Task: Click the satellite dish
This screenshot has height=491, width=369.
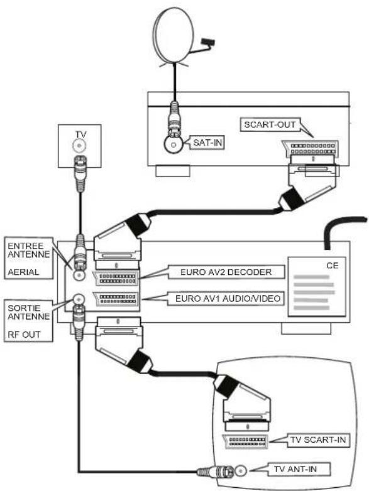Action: pyautogui.click(x=173, y=35)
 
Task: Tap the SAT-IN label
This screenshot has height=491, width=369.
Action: pyautogui.click(x=207, y=143)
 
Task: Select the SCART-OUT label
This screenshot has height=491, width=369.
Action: pyautogui.click(x=270, y=124)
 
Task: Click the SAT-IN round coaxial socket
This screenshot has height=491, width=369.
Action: pyautogui.click(x=173, y=144)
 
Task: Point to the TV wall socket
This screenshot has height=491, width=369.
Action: pyautogui.click(x=79, y=146)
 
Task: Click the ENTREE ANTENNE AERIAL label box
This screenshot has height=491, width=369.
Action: pyautogui.click(x=28, y=258)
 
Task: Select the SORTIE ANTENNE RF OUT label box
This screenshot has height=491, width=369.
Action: pyautogui.click(x=28, y=321)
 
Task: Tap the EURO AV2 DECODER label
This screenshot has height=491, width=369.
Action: pyautogui.click(x=226, y=272)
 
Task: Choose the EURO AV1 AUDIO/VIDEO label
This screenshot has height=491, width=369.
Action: pyautogui.click(x=228, y=298)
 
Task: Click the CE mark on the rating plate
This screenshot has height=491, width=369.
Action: pyautogui.click(x=333, y=266)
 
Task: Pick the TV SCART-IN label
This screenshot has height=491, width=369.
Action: pyautogui.click(x=318, y=440)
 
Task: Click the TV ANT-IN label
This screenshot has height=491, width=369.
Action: pyautogui.click(x=295, y=469)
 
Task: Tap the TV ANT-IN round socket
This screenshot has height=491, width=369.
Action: pyautogui.click(x=241, y=471)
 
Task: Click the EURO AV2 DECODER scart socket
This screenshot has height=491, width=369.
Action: pyautogui.click(x=116, y=278)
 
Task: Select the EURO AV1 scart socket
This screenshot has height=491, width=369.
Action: pyautogui.click(x=116, y=299)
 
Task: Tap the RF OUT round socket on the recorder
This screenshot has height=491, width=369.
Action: pyautogui.click(x=79, y=299)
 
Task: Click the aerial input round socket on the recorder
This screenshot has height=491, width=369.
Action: pyautogui.click(x=79, y=276)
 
